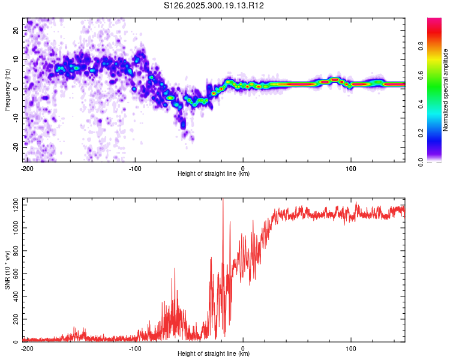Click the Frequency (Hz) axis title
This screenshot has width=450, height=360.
click(x=7, y=89)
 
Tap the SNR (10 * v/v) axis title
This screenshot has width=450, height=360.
click(x=7, y=269)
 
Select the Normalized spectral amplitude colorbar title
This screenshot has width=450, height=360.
click(x=445, y=90)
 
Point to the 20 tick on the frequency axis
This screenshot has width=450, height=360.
click(x=17, y=31)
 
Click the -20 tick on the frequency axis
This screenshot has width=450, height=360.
click(x=16, y=147)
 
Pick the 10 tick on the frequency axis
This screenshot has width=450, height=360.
click(x=17, y=60)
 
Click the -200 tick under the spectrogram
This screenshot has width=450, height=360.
click(x=27, y=169)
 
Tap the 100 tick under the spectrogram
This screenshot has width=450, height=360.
click(x=350, y=169)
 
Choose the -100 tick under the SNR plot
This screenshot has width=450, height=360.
click(x=135, y=349)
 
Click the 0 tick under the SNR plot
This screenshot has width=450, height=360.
click(x=243, y=349)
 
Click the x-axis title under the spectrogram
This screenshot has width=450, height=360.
click(x=214, y=174)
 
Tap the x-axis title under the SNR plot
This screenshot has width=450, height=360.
click(x=214, y=354)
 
